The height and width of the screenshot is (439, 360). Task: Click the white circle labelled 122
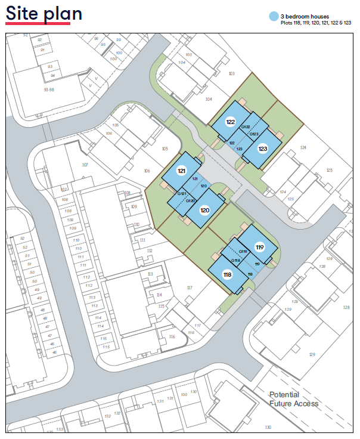230,122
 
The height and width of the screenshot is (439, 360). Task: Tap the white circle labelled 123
262,149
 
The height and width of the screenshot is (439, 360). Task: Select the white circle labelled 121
182,170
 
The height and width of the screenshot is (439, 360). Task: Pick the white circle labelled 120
204,210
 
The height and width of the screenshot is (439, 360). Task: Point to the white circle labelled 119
260,246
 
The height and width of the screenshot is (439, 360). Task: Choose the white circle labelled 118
227,275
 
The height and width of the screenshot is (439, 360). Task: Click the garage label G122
245,127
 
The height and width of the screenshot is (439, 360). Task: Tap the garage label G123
253,134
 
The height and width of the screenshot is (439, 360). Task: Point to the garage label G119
243,252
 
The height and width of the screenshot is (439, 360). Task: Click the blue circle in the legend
274,17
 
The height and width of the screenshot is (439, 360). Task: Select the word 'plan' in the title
63,14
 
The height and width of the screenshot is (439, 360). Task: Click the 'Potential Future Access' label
293,399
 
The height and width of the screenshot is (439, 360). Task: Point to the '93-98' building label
52,89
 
